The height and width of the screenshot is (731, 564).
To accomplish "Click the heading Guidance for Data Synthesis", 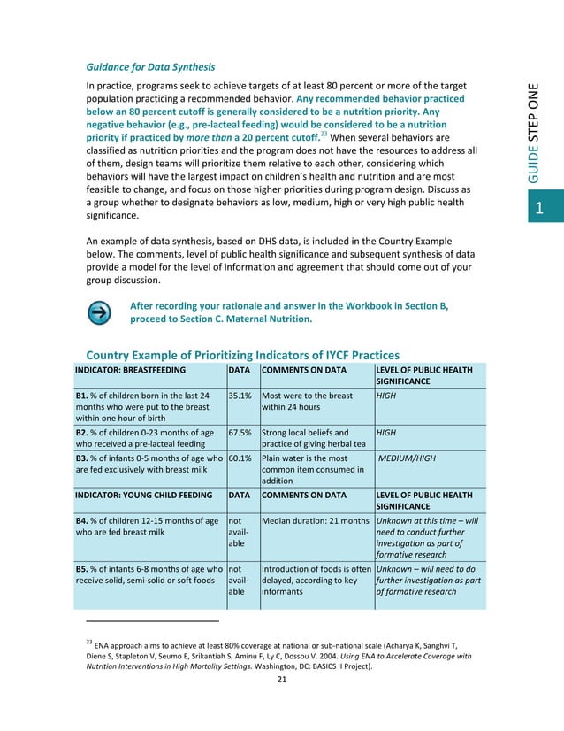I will click(150, 67).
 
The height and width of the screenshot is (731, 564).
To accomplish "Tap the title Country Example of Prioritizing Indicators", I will click(236, 353).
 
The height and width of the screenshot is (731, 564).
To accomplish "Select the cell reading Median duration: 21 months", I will click(316, 520).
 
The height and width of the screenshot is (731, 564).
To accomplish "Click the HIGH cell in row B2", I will click(386, 434).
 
